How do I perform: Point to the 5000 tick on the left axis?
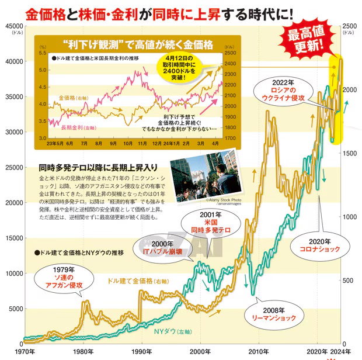[15, 309]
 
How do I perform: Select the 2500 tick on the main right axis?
[349, 26]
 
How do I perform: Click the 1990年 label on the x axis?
[142, 352]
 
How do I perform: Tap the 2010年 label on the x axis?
[260, 352]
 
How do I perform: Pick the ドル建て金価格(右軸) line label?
[134, 281]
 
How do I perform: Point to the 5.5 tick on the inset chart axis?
[41, 53]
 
